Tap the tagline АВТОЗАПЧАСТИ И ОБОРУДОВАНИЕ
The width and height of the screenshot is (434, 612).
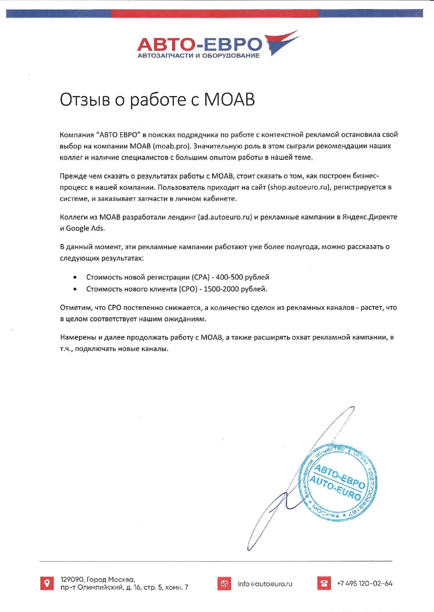coord(198,56)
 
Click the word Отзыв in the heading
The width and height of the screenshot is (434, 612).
coord(85,100)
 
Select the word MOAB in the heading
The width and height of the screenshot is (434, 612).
coord(229,100)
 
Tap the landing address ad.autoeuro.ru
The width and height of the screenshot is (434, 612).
coord(225,217)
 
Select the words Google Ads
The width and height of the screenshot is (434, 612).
coord(85,228)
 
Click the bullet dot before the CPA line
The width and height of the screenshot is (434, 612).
coord(75,277)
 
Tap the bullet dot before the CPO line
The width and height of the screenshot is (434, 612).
coord(75,289)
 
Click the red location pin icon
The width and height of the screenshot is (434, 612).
coord(47,583)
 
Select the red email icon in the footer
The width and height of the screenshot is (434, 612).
coord(224,583)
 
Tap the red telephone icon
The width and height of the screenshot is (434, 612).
coord(324,583)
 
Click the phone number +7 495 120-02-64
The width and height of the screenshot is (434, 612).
coord(364,583)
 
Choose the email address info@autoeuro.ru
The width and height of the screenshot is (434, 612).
coord(265,584)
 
